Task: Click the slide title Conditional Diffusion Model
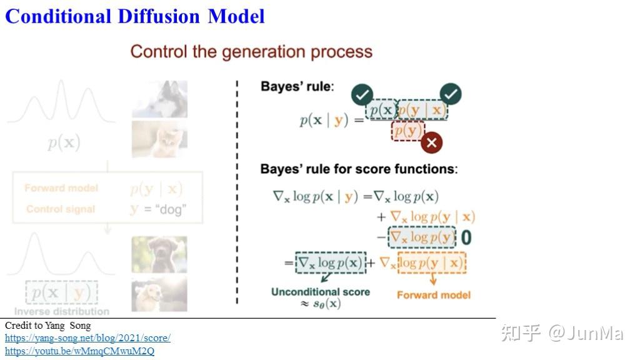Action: (x=135, y=16)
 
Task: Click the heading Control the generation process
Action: (x=251, y=51)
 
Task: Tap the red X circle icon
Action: (x=431, y=142)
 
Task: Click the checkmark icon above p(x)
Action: (x=362, y=95)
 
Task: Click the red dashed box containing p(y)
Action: (x=407, y=131)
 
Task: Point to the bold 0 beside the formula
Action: (x=466, y=238)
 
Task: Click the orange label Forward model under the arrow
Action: (x=433, y=294)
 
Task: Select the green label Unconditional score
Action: (x=320, y=292)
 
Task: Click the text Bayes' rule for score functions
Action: (x=359, y=169)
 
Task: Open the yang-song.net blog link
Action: (x=87, y=338)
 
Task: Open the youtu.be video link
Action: (x=79, y=351)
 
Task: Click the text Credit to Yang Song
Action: (x=47, y=326)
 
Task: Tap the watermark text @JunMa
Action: (x=586, y=333)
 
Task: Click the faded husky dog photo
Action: (x=159, y=99)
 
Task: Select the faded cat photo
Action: (x=159, y=139)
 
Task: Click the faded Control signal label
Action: (x=61, y=209)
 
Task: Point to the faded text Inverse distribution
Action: (x=61, y=311)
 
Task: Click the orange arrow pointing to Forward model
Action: (x=432, y=280)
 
